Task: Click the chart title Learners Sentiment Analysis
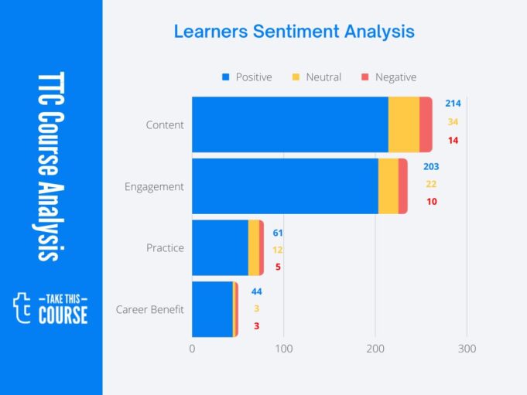click(293, 32)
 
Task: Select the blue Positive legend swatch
click(226, 77)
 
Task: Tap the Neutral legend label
click(323, 77)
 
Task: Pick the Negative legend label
click(395, 77)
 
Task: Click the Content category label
click(165, 124)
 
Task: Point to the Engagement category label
click(154, 186)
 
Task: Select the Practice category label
click(165, 248)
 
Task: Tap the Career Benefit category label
click(150, 310)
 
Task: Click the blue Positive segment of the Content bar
click(289, 124)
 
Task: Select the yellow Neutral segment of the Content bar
click(403, 124)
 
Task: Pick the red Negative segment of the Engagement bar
click(403, 186)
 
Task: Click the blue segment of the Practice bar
click(220, 248)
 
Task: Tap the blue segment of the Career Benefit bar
click(211, 310)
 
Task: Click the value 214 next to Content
click(453, 104)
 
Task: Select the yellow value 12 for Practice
click(277, 250)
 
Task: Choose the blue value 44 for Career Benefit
click(256, 291)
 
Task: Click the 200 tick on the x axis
click(375, 349)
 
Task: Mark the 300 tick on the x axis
click(467, 349)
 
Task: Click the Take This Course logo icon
click(23, 308)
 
